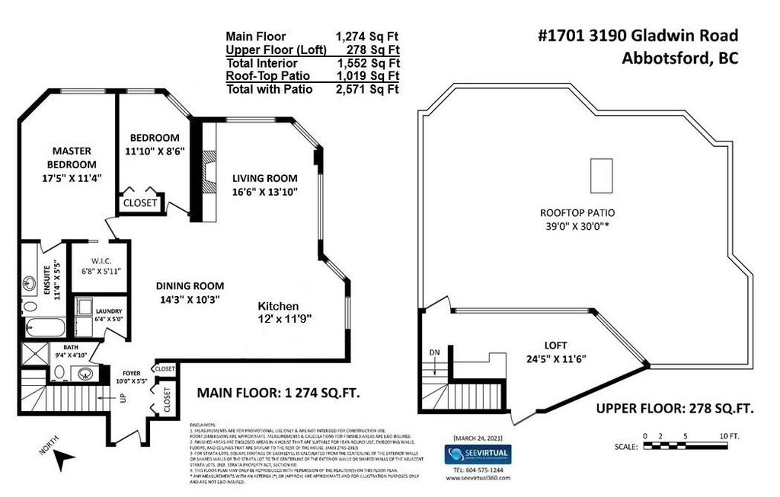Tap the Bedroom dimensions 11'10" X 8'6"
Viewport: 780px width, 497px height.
tap(155, 151)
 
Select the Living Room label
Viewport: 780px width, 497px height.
tap(264, 178)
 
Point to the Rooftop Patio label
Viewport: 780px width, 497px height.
tap(577, 212)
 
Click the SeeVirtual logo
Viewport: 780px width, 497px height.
tap(477, 454)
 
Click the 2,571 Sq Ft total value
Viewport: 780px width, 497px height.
tap(367, 89)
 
